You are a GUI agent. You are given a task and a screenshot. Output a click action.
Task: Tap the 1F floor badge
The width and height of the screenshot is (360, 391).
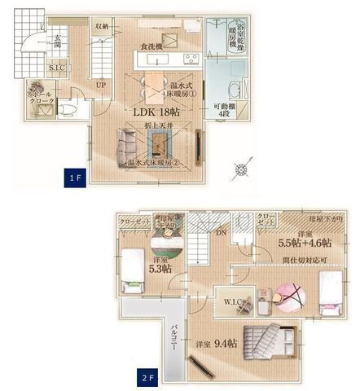tap(73, 177)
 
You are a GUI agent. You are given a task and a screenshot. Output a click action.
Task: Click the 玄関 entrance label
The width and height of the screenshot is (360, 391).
tap(58, 42)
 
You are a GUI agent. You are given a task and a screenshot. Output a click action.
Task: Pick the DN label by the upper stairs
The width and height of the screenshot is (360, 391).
tap(220, 233)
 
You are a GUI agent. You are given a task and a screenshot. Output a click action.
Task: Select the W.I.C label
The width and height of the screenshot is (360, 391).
tap(232, 302)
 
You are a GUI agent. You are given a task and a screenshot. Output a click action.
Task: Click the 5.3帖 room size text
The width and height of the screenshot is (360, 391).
tap(161, 268)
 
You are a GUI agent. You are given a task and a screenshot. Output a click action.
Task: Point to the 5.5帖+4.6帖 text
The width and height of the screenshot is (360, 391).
tap(304, 243)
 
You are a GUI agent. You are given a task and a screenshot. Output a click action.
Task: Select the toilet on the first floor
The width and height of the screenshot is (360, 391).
tap(70, 108)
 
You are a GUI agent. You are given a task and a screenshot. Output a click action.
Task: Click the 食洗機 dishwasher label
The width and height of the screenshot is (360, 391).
tap(153, 46)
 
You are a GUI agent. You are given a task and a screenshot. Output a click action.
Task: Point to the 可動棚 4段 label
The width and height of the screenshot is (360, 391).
tap(224, 111)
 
